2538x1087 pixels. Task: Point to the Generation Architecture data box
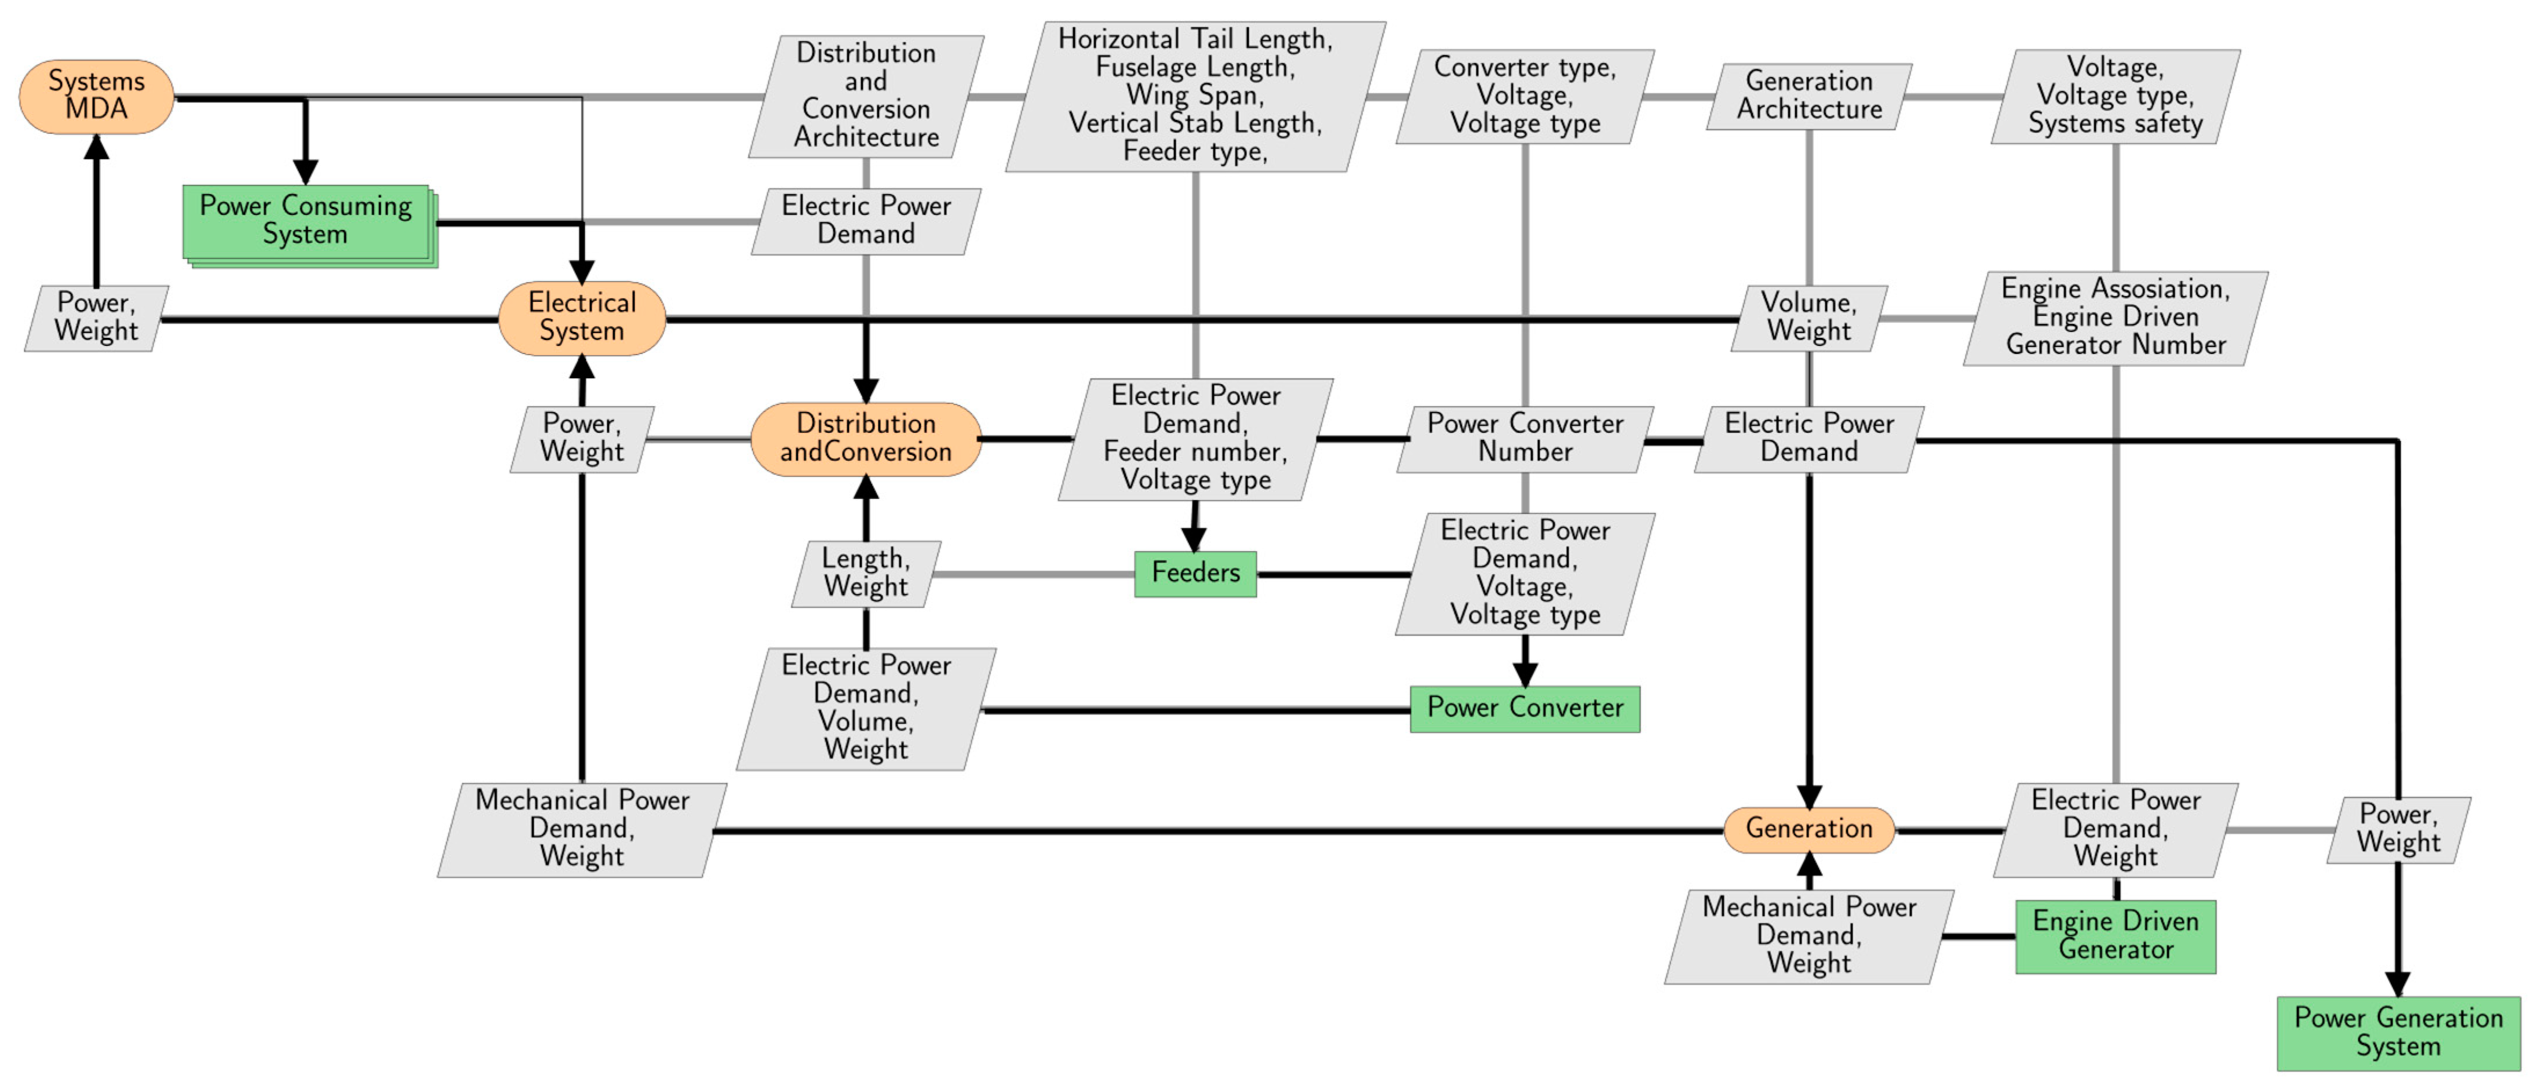pyautogui.click(x=1809, y=96)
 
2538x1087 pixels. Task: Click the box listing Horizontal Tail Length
pyautogui.click(x=1195, y=96)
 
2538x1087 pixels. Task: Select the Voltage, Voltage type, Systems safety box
pyautogui.click(x=2116, y=96)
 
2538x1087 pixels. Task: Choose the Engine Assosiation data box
pyautogui.click(x=2116, y=318)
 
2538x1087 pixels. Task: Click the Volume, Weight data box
pyautogui.click(x=1809, y=318)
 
